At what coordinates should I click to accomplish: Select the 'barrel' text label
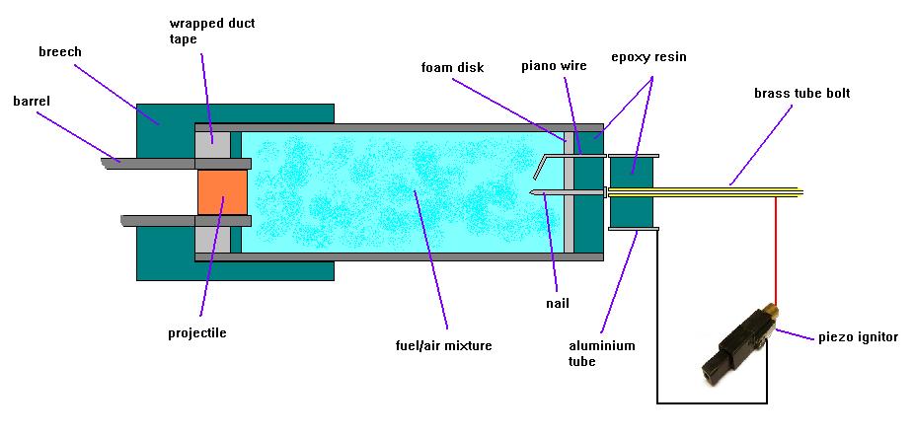click(x=33, y=101)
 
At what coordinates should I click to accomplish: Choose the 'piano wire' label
click(x=554, y=66)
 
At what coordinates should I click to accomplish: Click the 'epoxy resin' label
click(x=647, y=57)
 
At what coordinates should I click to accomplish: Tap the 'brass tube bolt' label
click(x=801, y=94)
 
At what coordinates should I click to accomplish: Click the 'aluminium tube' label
click(x=602, y=354)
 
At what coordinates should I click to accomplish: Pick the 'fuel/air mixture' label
click(x=442, y=345)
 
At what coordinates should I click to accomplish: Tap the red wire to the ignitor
click(x=775, y=247)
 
